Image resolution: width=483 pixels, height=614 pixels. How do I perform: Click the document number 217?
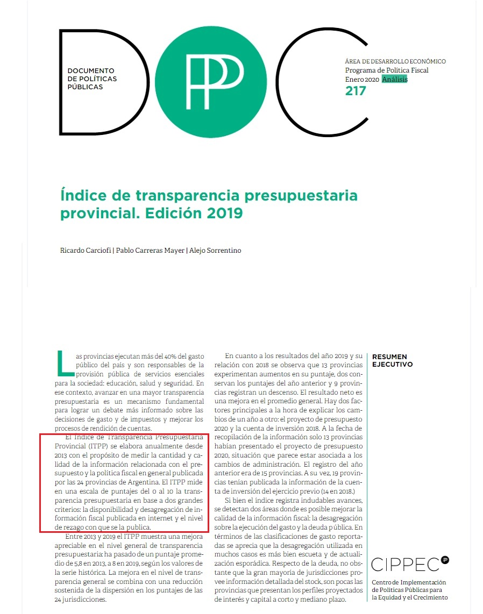356,91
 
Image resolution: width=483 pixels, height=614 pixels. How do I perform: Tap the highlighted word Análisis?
395,79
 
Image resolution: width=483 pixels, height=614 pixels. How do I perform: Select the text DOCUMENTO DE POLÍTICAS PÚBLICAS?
92,78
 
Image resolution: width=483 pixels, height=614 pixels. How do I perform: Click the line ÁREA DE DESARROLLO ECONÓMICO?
395,61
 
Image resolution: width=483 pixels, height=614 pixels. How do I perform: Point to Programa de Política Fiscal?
387,70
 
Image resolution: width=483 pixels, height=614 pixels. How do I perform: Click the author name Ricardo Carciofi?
85,251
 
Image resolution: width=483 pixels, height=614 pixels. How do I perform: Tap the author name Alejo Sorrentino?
215,251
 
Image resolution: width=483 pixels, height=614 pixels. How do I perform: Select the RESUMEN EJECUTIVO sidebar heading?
389,360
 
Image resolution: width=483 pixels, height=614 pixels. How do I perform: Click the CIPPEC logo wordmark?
405,565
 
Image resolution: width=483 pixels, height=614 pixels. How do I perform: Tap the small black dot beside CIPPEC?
445,560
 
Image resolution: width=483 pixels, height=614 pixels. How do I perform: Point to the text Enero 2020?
363,79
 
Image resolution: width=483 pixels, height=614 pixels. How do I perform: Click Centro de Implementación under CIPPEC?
409,583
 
